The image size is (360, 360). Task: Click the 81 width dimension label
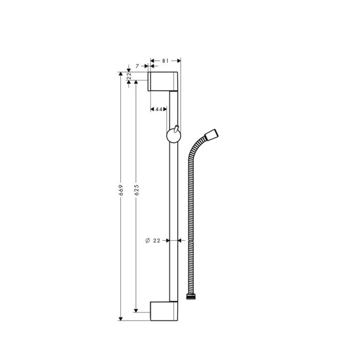[x=166, y=60]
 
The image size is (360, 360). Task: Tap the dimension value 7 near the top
[x=138, y=66]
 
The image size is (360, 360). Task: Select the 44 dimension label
[x=158, y=109]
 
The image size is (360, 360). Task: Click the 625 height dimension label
[x=136, y=191]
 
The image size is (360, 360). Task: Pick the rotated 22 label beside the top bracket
[x=128, y=76]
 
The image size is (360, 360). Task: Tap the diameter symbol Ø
[x=147, y=240]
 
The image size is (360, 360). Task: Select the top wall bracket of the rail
[x=163, y=81]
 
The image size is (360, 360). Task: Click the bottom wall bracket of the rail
[x=163, y=311]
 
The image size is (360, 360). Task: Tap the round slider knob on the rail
[x=173, y=136]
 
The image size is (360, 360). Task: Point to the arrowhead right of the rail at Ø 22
[x=181, y=240]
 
